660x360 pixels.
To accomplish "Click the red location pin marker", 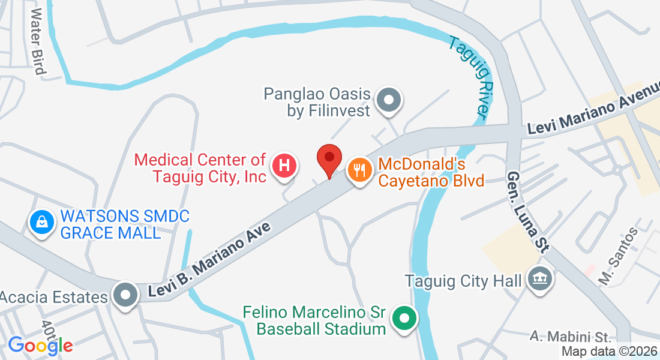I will [x=329, y=158].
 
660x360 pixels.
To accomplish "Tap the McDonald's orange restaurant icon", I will [x=359, y=170].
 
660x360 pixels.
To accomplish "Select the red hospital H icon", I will [x=284, y=164].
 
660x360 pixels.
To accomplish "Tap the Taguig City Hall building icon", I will [x=538, y=277].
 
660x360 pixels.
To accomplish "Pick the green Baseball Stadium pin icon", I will [x=404, y=317].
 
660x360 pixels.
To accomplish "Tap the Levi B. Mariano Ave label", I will [x=209, y=259].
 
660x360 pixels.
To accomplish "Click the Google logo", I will [x=40, y=345].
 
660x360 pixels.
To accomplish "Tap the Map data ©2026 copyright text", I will [x=609, y=352].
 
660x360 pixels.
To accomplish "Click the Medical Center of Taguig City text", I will [x=200, y=168].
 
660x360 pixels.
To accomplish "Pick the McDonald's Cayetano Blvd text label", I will [x=431, y=172].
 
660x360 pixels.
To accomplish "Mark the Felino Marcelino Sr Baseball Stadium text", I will [x=314, y=320].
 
